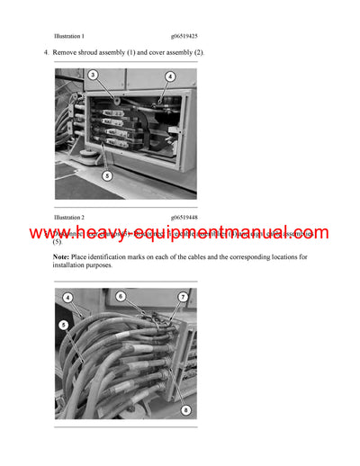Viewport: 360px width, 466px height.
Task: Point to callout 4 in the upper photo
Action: click(170, 77)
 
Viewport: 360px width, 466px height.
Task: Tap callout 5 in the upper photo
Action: click(106, 176)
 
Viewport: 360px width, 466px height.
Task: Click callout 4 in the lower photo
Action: click(67, 297)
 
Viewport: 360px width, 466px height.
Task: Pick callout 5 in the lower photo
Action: click(63, 324)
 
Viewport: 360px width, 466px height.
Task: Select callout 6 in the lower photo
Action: click(121, 296)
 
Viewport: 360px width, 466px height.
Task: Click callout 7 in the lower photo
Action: click(183, 297)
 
